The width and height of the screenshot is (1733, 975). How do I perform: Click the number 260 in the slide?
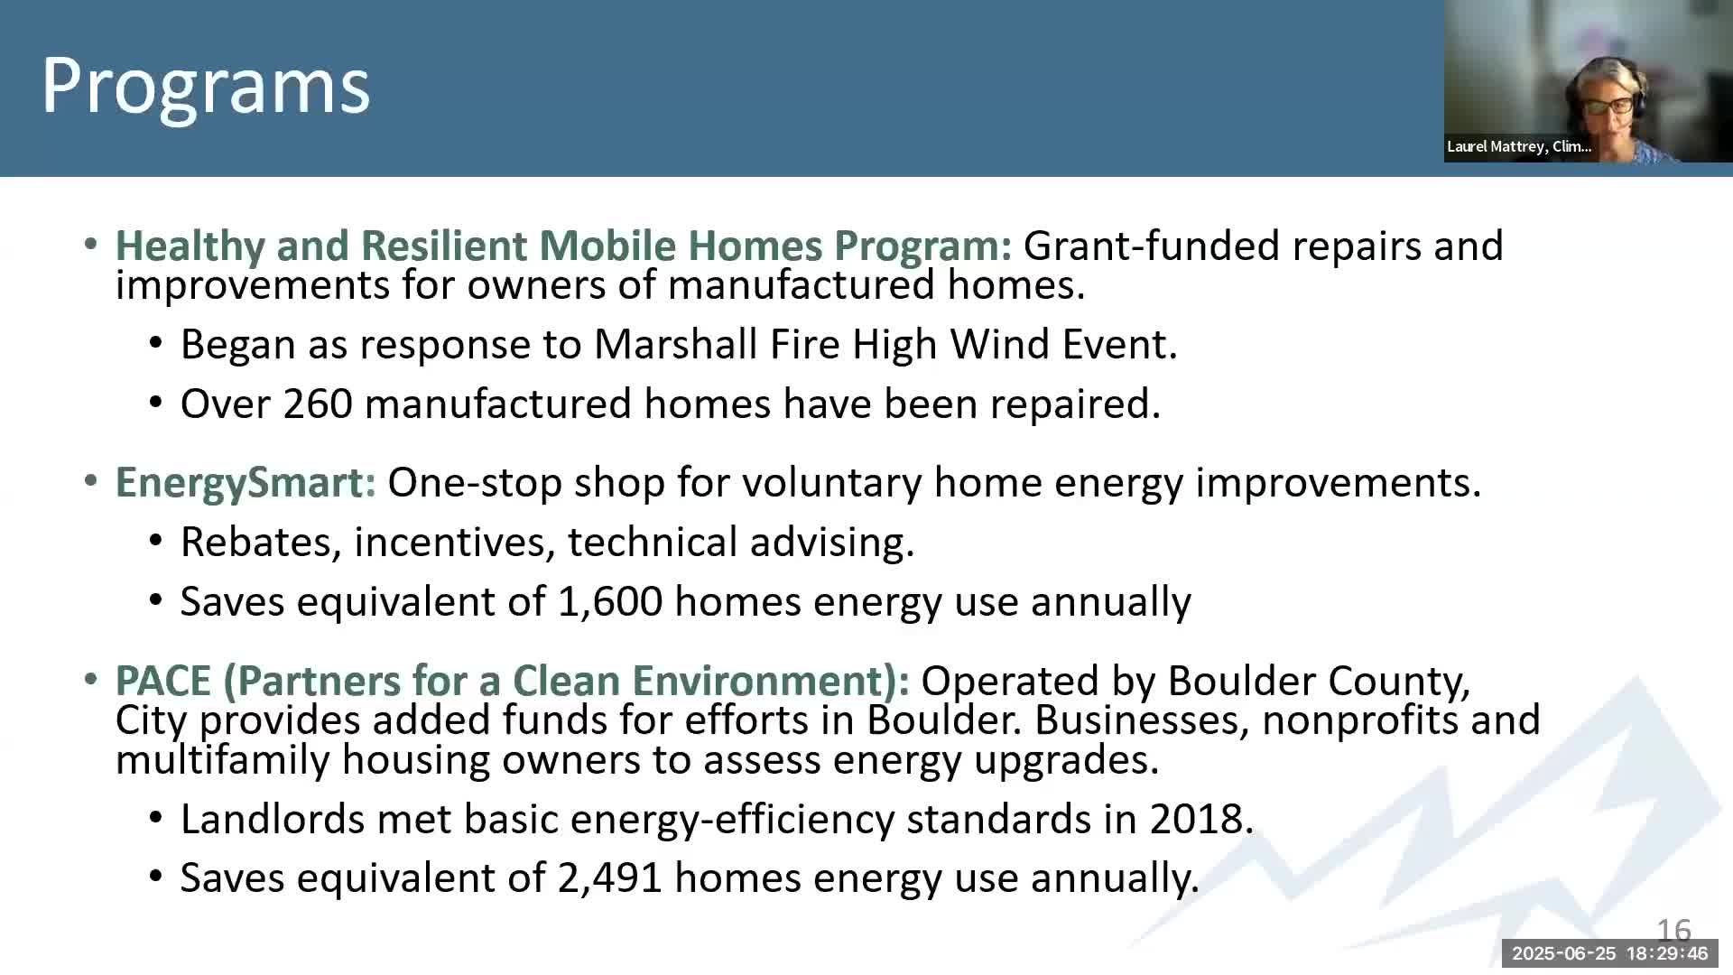point(318,404)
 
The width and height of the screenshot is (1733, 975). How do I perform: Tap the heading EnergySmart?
point(246,483)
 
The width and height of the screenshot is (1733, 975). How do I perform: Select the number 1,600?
point(610,602)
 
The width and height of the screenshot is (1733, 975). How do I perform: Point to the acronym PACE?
point(163,681)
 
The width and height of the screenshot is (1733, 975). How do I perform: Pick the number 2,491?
point(610,878)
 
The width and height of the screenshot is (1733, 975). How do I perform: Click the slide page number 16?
point(1674,930)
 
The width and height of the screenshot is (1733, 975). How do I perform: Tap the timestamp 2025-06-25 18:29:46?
point(1610,953)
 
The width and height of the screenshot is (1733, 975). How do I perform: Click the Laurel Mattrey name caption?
point(1519,146)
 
